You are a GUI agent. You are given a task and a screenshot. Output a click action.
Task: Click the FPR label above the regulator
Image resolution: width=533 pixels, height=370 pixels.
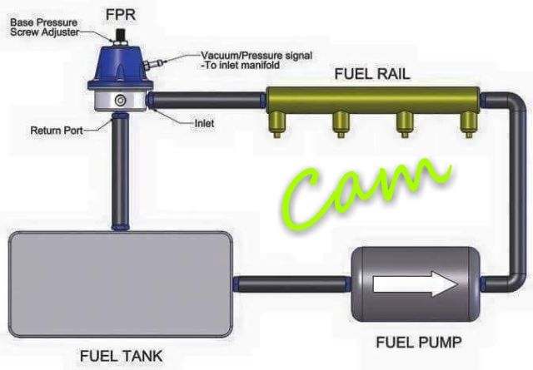pyautogui.click(x=121, y=15)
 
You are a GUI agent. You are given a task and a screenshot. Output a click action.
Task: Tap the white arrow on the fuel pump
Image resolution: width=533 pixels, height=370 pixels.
pyautogui.click(x=416, y=284)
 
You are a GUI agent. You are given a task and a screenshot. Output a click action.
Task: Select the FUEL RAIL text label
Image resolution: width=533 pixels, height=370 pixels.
pyautogui.click(x=372, y=74)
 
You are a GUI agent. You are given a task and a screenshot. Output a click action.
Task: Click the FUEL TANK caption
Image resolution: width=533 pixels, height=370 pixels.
pyautogui.click(x=122, y=356)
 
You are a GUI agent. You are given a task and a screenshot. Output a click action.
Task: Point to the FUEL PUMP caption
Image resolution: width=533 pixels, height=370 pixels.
pyautogui.click(x=419, y=343)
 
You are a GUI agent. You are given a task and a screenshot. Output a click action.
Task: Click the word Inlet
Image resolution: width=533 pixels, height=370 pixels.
pyautogui.click(x=204, y=123)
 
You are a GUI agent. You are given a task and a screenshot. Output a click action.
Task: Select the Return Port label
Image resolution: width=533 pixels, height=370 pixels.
pyautogui.click(x=57, y=131)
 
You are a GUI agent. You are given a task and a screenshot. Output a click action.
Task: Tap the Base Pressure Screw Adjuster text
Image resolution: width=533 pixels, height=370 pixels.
pyautogui.click(x=44, y=27)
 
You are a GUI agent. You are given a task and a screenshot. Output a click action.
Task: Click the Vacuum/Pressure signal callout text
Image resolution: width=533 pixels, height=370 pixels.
pyautogui.click(x=257, y=60)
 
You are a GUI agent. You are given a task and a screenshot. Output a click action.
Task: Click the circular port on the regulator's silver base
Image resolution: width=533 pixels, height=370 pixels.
pyautogui.click(x=120, y=101)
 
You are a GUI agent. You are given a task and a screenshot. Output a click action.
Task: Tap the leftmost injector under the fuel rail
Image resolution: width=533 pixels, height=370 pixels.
pyautogui.click(x=277, y=124)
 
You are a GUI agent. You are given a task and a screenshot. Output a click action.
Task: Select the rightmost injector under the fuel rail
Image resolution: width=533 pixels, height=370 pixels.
pyautogui.click(x=468, y=124)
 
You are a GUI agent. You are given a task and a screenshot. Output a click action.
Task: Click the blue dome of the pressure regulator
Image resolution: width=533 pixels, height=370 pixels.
pyautogui.click(x=120, y=67)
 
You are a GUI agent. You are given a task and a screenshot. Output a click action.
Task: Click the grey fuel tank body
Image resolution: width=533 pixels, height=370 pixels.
pyautogui.click(x=121, y=284)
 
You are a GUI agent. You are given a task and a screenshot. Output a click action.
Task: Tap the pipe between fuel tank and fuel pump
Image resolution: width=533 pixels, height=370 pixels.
pyautogui.click(x=292, y=284)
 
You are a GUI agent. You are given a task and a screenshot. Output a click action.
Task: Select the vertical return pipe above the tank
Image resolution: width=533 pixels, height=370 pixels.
pyautogui.click(x=120, y=172)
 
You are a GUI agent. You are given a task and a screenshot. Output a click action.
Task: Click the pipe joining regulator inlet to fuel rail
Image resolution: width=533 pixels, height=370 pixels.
pyautogui.click(x=206, y=101)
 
